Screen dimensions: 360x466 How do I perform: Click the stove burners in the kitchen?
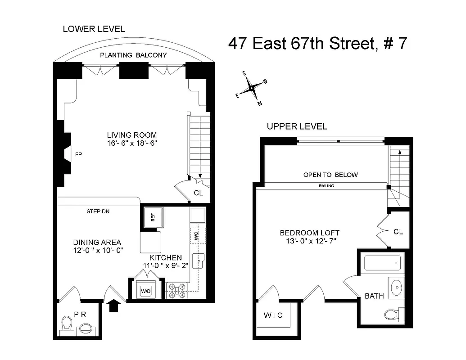click(x=176, y=290)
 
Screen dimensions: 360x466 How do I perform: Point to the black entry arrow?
click(x=114, y=306)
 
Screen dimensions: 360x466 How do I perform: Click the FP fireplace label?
click(x=78, y=154)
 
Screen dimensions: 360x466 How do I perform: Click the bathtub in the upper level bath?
click(x=382, y=263)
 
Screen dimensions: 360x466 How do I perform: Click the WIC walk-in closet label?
click(x=273, y=315)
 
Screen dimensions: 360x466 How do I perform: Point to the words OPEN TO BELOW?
click(x=330, y=175)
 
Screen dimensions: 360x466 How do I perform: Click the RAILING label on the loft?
click(x=326, y=185)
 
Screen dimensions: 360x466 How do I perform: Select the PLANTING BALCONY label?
click(x=133, y=55)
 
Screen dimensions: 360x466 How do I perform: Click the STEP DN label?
click(x=98, y=211)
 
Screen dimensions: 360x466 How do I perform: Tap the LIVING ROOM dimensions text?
click(x=131, y=143)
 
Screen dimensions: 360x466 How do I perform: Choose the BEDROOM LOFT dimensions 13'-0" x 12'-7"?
click(x=309, y=241)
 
